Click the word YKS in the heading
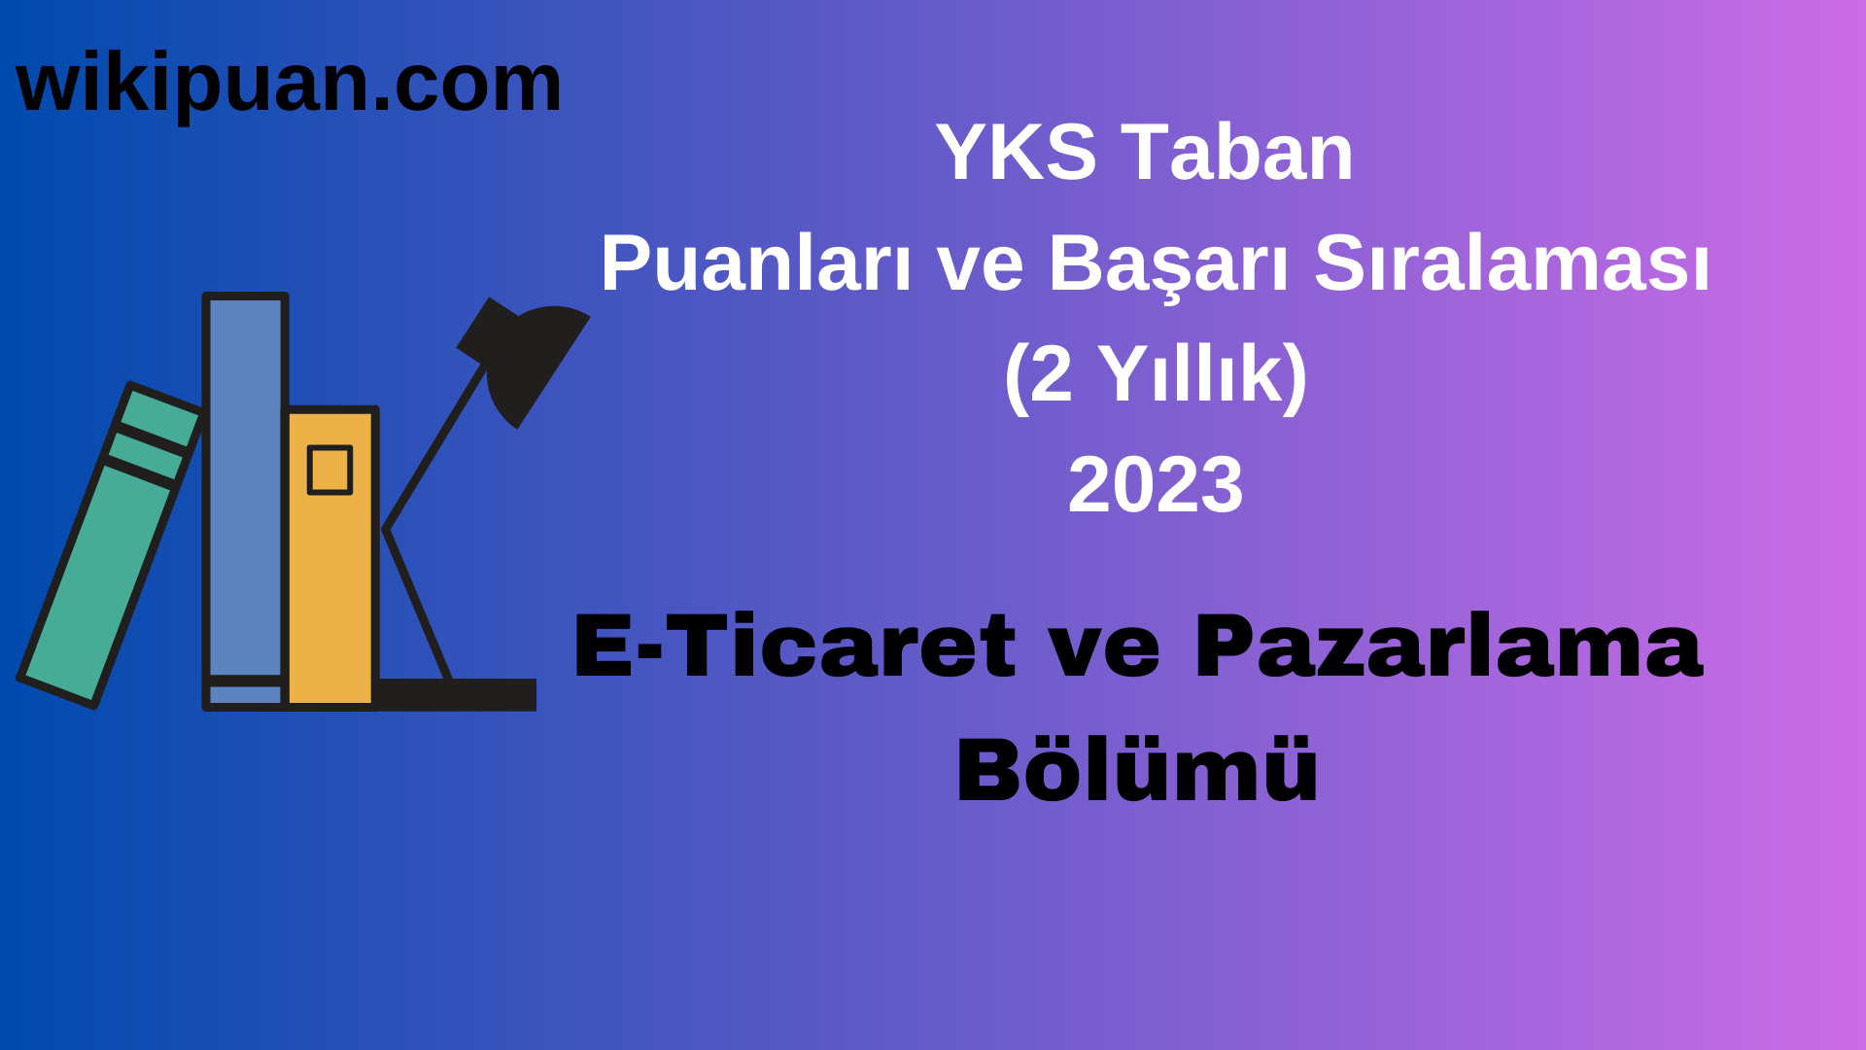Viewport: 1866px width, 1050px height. point(1016,153)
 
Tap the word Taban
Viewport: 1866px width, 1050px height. point(1237,153)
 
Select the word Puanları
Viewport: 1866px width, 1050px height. point(755,263)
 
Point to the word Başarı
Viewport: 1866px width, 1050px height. point(1167,265)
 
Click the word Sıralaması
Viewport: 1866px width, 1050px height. point(1511,263)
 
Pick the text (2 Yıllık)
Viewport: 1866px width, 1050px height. point(1155,374)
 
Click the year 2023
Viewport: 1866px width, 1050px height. point(1155,485)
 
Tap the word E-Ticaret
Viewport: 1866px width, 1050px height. point(794,647)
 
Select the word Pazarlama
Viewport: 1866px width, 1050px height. point(1448,647)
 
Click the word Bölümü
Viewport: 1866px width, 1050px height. point(1137,770)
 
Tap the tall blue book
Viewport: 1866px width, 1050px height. point(245,486)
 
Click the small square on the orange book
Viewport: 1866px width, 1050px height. point(329,470)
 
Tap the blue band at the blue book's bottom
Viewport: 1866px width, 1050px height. point(245,695)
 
